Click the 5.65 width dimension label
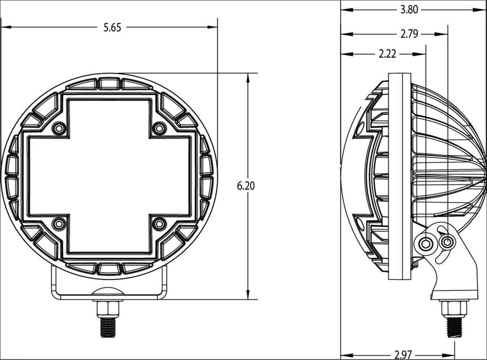113,28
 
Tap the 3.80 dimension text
409,10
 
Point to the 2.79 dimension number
409,34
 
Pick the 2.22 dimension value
388,54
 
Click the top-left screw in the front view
59,128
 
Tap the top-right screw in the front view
160,128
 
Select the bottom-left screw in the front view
59,224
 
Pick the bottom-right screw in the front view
160,224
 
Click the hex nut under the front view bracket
109,309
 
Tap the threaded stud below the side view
454,327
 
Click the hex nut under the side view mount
454,309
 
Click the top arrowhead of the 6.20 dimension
248,78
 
